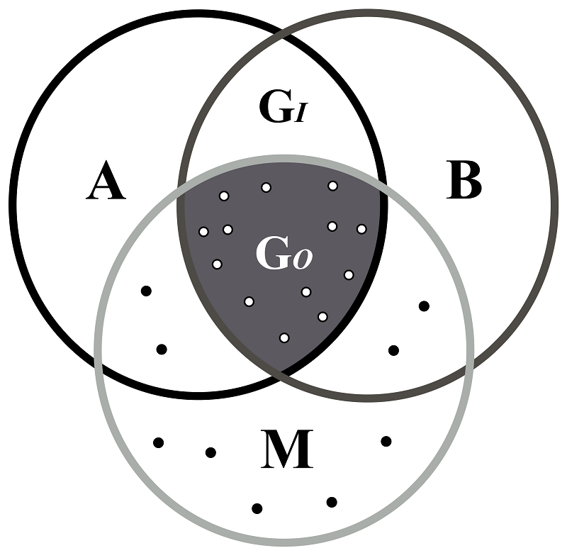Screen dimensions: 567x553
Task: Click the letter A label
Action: tap(106, 180)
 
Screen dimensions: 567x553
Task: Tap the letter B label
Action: tap(464, 180)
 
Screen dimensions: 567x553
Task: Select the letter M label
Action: tap(287, 449)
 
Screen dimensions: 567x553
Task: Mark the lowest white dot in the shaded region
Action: tap(285, 337)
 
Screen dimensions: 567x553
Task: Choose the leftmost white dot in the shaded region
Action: tap(204, 231)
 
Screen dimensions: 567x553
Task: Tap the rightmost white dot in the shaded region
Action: tap(361, 229)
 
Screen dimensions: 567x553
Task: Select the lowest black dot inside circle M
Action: tap(257, 508)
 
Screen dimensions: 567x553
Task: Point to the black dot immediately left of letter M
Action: tap(210, 452)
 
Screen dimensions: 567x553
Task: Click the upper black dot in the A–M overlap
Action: tap(146, 291)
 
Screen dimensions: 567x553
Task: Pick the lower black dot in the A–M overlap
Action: tap(162, 350)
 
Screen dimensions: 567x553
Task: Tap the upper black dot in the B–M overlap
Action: tap(424, 306)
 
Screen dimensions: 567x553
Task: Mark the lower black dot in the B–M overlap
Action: tap(394, 350)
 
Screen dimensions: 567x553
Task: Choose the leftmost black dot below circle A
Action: tap(159, 442)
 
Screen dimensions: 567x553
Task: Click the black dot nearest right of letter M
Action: tap(386, 441)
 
